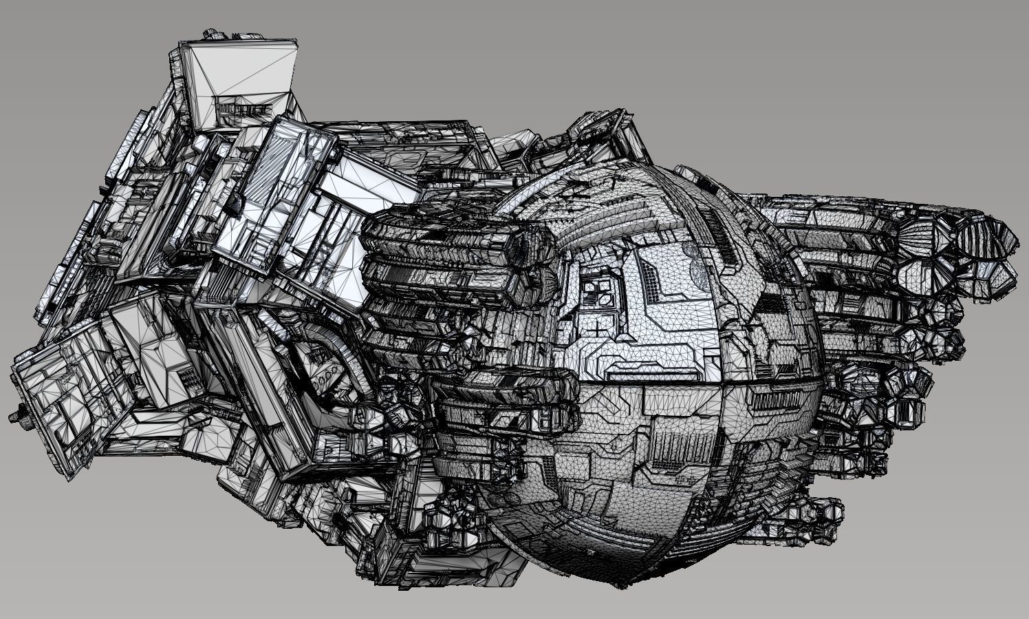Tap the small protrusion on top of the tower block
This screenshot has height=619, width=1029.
pyautogui.click(x=211, y=33)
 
